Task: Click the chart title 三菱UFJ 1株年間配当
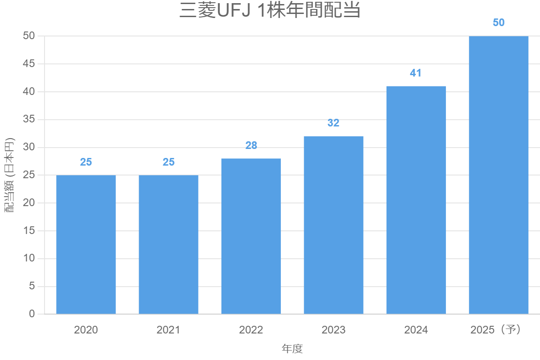point(270,10)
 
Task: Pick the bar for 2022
point(251,236)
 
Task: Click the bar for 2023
point(333,225)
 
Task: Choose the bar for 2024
point(416,200)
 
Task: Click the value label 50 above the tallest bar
point(499,22)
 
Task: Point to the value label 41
point(416,73)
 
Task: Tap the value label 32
point(333,123)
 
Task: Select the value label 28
point(251,145)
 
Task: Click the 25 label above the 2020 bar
point(86,162)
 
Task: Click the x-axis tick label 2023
point(333,330)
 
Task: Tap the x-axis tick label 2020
point(86,330)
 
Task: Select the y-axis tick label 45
point(29,64)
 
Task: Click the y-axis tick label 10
point(29,259)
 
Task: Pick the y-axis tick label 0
point(31,314)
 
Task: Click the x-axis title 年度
point(292,349)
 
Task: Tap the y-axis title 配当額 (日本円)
point(9,175)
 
